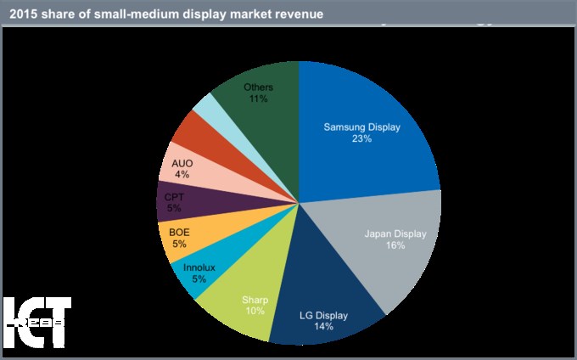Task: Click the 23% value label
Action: pyautogui.click(x=361, y=139)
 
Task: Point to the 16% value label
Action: pyautogui.click(x=395, y=245)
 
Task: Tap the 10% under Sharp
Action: pyautogui.click(x=255, y=311)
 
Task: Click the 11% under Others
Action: pyautogui.click(x=258, y=99)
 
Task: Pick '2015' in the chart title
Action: pyautogui.click(x=26, y=13)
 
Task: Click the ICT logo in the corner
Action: pyautogui.click(x=36, y=323)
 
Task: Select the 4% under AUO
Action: pyautogui.click(x=182, y=175)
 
